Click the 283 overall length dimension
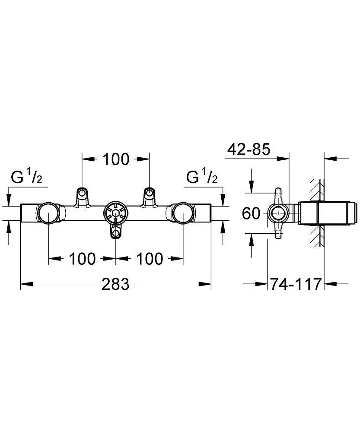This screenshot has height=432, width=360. point(115,284)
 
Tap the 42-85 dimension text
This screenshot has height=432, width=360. point(248,149)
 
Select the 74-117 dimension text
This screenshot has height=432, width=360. point(296,284)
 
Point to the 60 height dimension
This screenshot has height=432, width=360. point(251,213)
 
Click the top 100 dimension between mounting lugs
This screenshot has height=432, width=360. point(116,159)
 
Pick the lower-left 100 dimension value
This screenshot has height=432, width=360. point(82,259)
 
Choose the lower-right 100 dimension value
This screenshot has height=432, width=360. point(150,259)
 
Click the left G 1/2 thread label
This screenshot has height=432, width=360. point(26,176)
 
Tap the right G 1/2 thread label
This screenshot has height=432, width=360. point(202,176)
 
